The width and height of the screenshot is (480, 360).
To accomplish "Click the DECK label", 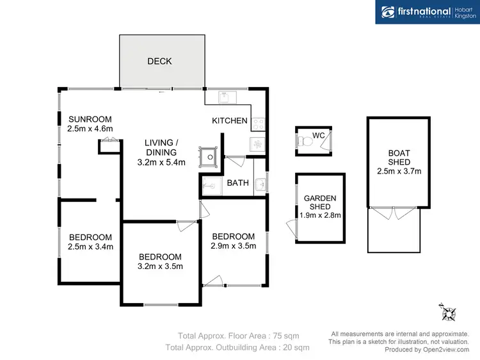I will [159, 61].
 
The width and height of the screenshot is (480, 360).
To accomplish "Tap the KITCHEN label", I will [229, 120].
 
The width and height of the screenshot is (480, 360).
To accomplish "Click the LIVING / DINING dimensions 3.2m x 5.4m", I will [161, 162].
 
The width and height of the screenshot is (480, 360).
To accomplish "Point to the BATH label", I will [238, 183].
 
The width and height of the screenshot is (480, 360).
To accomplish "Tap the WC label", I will [319, 136].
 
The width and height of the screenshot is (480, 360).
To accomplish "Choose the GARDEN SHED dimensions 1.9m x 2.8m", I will [320, 215].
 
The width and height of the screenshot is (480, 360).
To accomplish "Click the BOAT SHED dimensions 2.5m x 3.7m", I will [395, 171].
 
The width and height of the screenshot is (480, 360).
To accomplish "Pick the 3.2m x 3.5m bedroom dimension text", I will [161, 267].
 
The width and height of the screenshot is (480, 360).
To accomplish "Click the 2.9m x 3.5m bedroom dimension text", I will [234, 246].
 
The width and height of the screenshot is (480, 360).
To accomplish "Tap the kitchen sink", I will [227, 97].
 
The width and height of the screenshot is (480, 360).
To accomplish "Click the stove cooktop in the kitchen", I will [259, 122].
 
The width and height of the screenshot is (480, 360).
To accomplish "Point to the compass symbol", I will [448, 313].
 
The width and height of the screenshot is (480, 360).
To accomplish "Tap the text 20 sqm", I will [295, 347].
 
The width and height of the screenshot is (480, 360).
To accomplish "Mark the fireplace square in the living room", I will [209, 154].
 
